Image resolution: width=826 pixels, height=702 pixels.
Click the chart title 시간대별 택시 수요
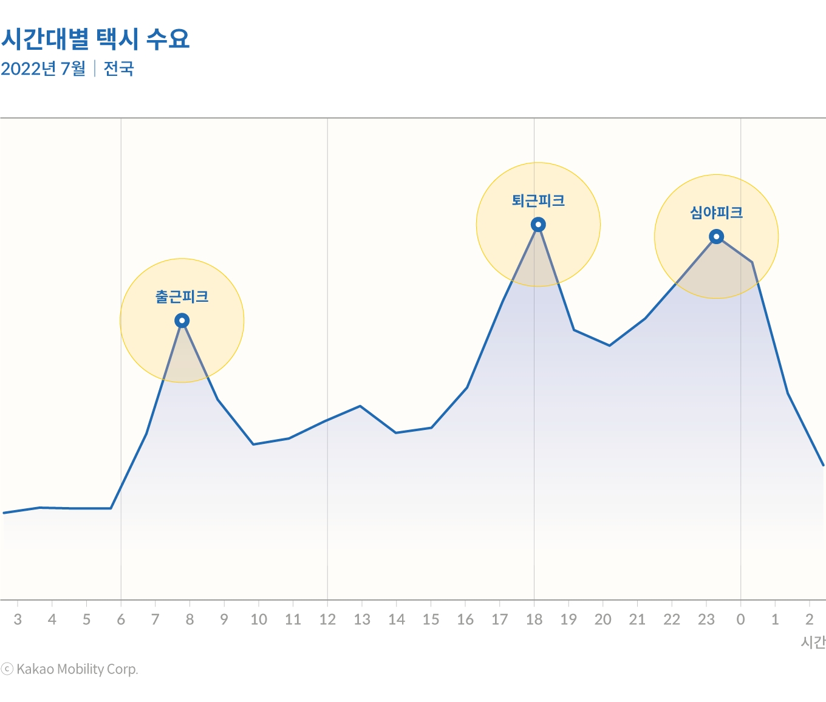point(95,39)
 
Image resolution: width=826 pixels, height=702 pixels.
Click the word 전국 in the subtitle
point(118,69)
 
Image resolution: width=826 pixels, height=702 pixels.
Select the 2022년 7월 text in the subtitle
point(43,69)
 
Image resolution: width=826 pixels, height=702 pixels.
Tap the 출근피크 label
point(182,297)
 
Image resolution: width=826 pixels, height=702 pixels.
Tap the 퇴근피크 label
point(538,201)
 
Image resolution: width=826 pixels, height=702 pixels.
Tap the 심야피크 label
point(716,213)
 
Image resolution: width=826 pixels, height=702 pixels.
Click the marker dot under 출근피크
point(182,321)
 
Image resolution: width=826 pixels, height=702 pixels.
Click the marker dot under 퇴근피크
point(538,225)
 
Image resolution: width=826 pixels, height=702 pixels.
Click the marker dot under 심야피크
point(717,237)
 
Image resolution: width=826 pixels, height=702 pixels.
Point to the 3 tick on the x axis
point(18,619)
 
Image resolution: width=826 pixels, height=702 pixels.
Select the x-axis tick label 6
point(121,619)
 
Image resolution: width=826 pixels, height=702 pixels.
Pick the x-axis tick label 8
point(189,619)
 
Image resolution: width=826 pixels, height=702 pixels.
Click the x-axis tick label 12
point(327,619)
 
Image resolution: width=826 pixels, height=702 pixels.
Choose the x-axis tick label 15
point(431,619)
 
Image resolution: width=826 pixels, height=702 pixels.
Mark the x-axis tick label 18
point(534,619)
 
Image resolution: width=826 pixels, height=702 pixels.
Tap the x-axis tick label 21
point(637,619)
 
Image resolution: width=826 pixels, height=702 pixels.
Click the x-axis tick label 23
point(706,619)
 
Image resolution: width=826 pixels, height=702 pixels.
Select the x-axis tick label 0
point(740,619)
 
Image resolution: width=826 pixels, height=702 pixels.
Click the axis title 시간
point(813,642)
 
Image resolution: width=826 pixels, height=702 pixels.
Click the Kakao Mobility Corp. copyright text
point(70,669)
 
